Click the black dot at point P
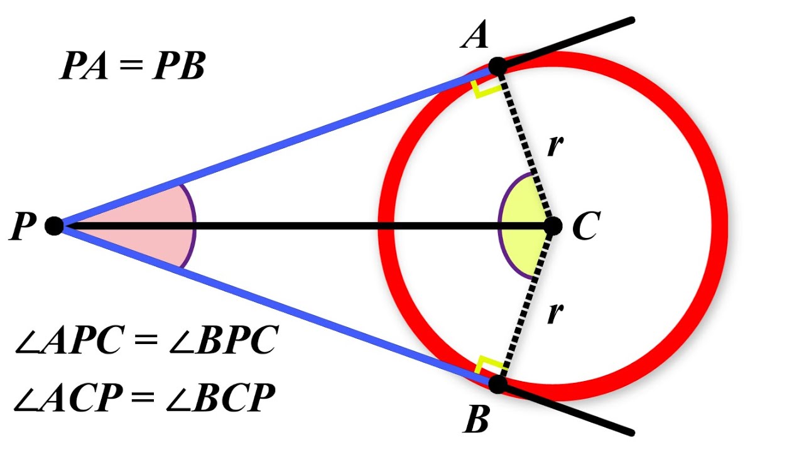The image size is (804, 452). coord(55,225)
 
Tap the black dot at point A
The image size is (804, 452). coord(497,65)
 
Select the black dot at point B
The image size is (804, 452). coord(497,384)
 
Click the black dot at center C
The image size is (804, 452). coord(553,225)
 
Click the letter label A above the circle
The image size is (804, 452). coord(475,36)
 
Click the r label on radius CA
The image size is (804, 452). coord(554,146)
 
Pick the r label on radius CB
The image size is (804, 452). coord(554,312)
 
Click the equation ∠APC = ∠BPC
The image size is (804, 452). coord(146,343)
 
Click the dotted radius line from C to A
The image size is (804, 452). coord(524,144)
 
